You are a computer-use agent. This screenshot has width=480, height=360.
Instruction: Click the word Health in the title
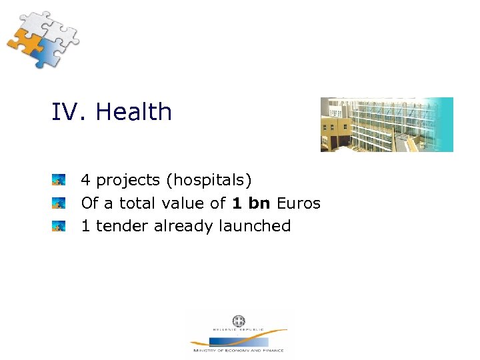(133, 112)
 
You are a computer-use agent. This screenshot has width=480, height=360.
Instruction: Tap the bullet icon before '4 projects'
(59, 180)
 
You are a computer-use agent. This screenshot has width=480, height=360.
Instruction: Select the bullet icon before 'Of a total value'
(59, 203)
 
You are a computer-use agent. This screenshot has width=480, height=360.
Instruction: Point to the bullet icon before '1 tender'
(59, 226)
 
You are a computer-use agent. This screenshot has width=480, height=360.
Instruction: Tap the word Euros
(298, 203)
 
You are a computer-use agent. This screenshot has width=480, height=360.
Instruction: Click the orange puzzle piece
(23, 43)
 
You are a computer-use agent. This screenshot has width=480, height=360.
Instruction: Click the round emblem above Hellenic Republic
(238, 321)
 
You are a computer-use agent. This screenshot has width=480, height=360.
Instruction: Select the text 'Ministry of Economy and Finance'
(238, 350)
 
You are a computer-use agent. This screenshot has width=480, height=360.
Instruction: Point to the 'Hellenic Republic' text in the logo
(238, 329)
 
